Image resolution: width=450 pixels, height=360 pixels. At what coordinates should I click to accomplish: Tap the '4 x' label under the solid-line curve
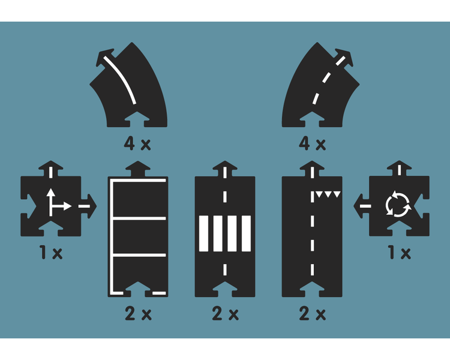click(x=137, y=143)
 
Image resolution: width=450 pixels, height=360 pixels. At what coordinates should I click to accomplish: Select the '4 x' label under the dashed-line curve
click(x=312, y=143)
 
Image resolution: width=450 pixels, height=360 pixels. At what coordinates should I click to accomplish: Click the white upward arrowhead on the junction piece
click(x=51, y=193)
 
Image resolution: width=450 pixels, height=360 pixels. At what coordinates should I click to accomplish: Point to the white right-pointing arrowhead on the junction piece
click(x=67, y=206)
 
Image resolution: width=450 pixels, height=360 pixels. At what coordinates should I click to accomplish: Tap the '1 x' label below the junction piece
click(x=51, y=253)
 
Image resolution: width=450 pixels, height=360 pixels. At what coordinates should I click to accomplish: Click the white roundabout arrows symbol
click(x=398, y=204)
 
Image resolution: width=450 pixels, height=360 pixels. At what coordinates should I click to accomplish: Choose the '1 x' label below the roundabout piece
click(x=399, y=253)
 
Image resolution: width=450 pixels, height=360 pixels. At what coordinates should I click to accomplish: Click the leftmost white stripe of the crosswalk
click(x=203, y=233)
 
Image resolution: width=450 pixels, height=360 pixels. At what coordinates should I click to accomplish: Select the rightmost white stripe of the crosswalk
click(x=246, y=233)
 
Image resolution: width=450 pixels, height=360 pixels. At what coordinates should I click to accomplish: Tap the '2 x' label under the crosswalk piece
click(x=225, y=313)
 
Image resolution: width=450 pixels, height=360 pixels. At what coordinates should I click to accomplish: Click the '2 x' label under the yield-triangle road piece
click(x=312, y=313)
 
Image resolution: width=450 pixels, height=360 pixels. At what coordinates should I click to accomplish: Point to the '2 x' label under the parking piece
click(x=138, y=313)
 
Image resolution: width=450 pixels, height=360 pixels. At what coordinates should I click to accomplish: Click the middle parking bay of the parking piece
click(x=139, y=237)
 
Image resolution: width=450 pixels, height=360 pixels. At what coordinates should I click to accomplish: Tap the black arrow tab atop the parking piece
click(x=138, y=169)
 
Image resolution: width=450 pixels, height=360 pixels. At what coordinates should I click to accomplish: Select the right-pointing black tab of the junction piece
click(x=89, y=206)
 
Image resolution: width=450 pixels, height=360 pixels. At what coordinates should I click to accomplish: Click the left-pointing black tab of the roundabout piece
click(x=361, y=206)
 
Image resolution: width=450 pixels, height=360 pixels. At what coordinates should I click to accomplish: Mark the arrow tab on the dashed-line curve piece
click(x=343, y=58)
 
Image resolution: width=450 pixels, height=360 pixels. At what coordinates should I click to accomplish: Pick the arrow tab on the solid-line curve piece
click(x=106, y=58)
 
